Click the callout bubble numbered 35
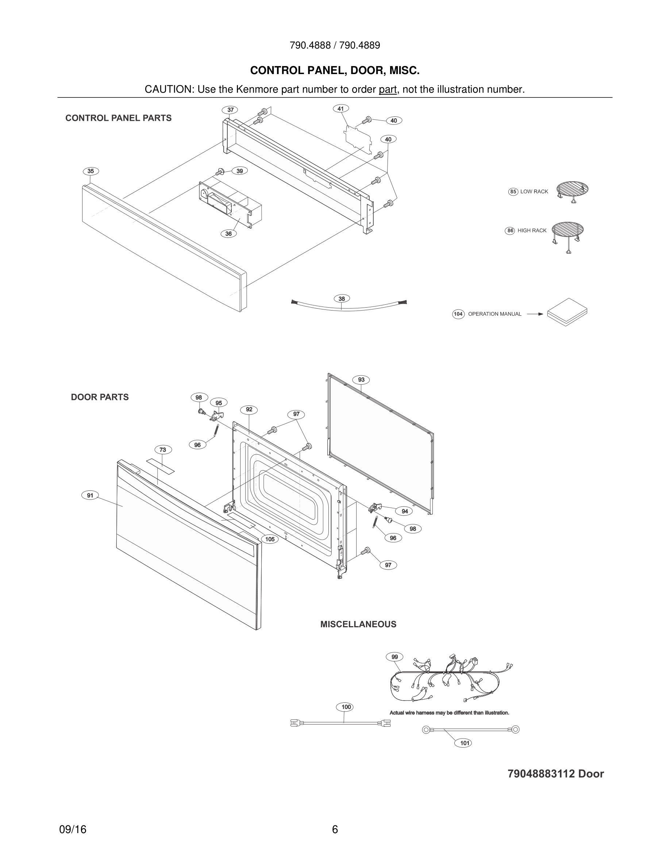[91, 171]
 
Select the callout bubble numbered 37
[230, 110]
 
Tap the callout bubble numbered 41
[340, 108]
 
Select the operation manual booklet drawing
[567, 312]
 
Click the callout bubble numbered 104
[458, 314]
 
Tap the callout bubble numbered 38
[342, 298]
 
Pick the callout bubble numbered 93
[361, 379]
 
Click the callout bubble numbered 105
[270, 539]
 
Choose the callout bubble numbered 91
[90, 495]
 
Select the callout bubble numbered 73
[163, 450]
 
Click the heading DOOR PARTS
[100, 397]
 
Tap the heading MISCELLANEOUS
[358, 624]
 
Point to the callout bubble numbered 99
[394, 657]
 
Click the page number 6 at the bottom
[335, 829]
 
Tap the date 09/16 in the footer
[73, 829]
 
